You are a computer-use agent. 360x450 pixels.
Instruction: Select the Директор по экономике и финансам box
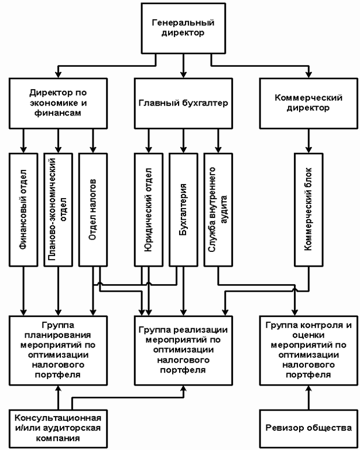click(57, 103)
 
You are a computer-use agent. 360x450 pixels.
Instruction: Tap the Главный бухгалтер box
click(183, 103)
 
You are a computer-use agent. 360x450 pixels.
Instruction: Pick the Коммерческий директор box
click(307, 103)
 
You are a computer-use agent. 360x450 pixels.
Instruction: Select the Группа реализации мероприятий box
click(183, 350)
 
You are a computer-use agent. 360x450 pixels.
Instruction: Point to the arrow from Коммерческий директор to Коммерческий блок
click(307, 141)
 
